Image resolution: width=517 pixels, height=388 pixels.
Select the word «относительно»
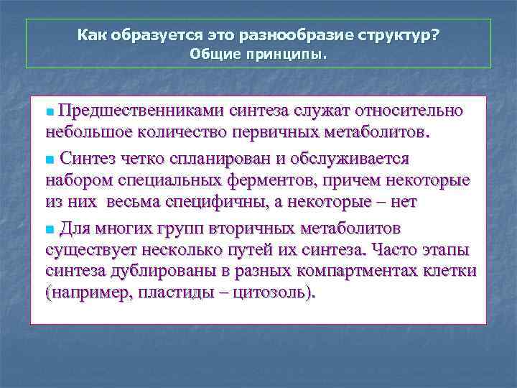tap(418, 111)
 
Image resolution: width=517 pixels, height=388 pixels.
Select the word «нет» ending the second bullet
tap(404, 203)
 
